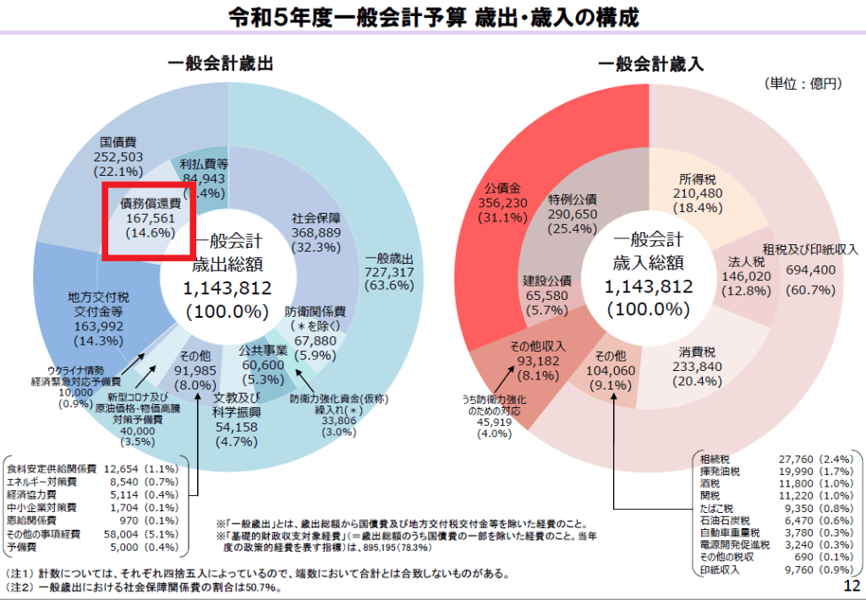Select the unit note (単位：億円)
[x=803, y=84]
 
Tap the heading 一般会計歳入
[x=650, y=63]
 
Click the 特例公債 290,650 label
[x=573, y=214]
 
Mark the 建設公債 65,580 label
[x=547, y=295]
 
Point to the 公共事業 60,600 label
[x=263, y=364]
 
